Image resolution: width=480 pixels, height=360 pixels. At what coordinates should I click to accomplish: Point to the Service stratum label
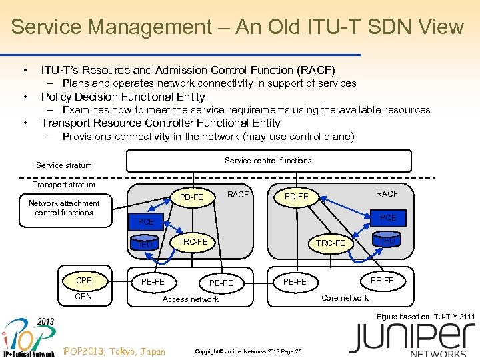point(64,165)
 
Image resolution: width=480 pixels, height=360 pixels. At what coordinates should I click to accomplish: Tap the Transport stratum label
point(64,185)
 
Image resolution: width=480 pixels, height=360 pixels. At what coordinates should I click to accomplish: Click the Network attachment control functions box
point(64,208)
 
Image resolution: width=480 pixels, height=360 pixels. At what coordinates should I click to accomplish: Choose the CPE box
point(84,281)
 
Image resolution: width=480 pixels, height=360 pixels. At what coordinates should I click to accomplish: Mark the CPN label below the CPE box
point(84,297)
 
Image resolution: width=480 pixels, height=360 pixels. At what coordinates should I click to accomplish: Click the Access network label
point(191,299)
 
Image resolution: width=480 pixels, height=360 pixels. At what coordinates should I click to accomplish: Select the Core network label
point(345,298)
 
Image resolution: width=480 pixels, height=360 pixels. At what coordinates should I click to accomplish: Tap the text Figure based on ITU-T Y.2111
point(426,317)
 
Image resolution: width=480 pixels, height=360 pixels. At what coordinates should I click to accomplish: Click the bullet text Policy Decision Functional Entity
point(123,97)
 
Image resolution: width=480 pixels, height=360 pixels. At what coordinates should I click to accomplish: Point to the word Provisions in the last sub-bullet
point(87,137)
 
